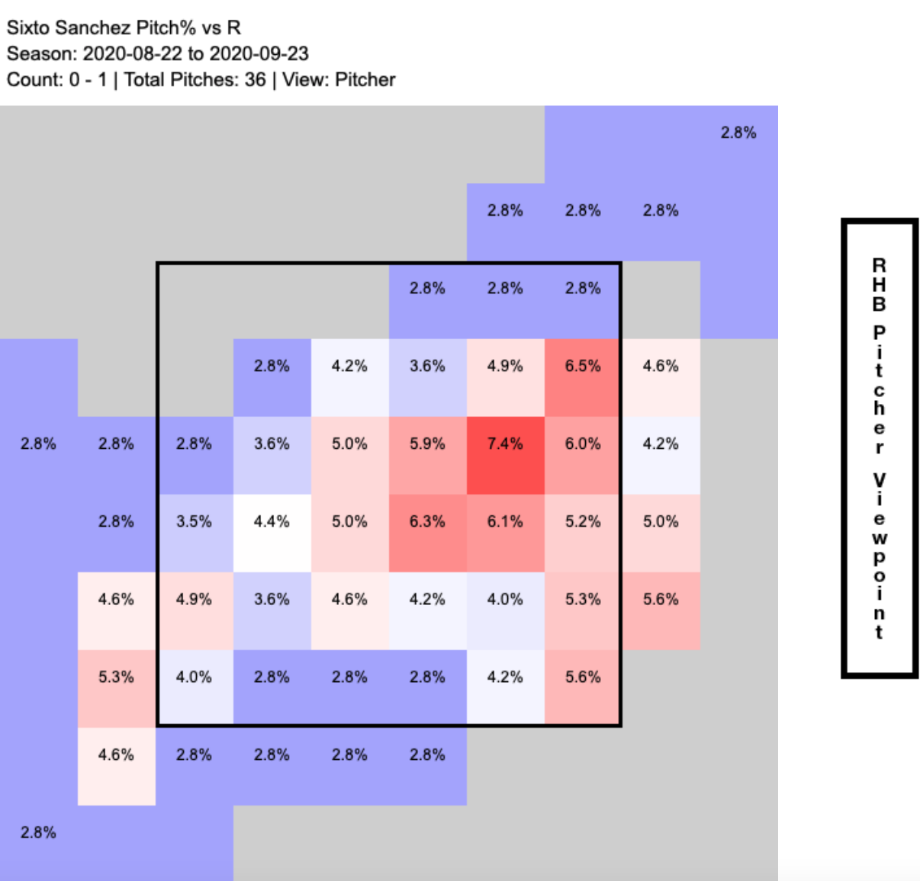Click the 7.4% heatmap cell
[505, 444]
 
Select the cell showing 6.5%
[583, 367]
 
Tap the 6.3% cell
[427, 522]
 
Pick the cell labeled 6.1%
[505, 522]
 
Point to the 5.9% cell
[427, 444]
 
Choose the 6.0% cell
[583, 444]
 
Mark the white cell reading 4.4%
[272, 522]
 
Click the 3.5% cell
[194, 522]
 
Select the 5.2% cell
[583, 522]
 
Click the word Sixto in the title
[27, 28]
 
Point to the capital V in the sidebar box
[880, 481]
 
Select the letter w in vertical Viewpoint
[880, 538]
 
